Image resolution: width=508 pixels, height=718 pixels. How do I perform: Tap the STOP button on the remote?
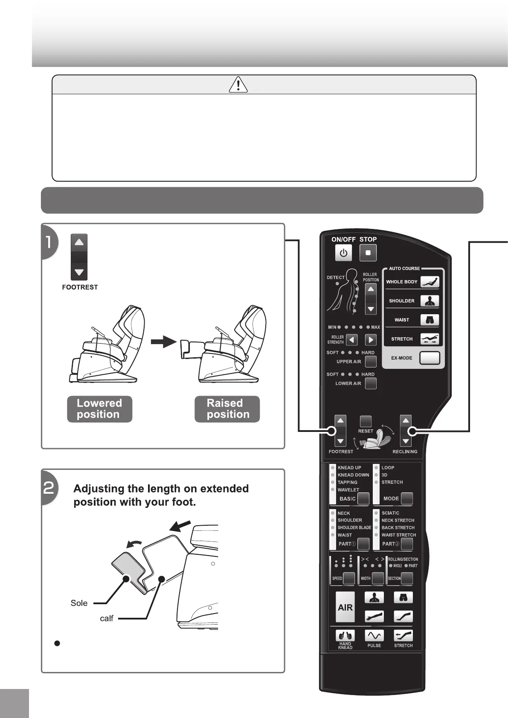point(368,253)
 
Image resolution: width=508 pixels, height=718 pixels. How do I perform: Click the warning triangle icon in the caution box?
point(238,85)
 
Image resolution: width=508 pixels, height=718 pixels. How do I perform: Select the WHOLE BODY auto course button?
point(430,282)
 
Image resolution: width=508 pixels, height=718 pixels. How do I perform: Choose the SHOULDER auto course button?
point(430,301)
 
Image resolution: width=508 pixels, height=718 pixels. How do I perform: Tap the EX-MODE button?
point(429,358)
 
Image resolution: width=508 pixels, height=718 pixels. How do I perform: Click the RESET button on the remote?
point(366,421)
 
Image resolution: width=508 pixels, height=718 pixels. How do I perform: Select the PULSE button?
point(374,636)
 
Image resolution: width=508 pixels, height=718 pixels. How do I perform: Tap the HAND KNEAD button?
point(345,636)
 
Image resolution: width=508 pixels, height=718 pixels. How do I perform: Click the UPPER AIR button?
point(371,362)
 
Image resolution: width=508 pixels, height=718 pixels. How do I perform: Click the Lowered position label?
point(99,409)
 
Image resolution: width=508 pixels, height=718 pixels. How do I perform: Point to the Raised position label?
point(227,409)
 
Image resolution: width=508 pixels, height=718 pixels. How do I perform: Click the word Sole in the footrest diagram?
point(79,603)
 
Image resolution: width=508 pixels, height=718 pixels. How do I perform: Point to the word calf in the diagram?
point(107,618)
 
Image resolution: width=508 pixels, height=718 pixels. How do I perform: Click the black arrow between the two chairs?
point(163,342)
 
